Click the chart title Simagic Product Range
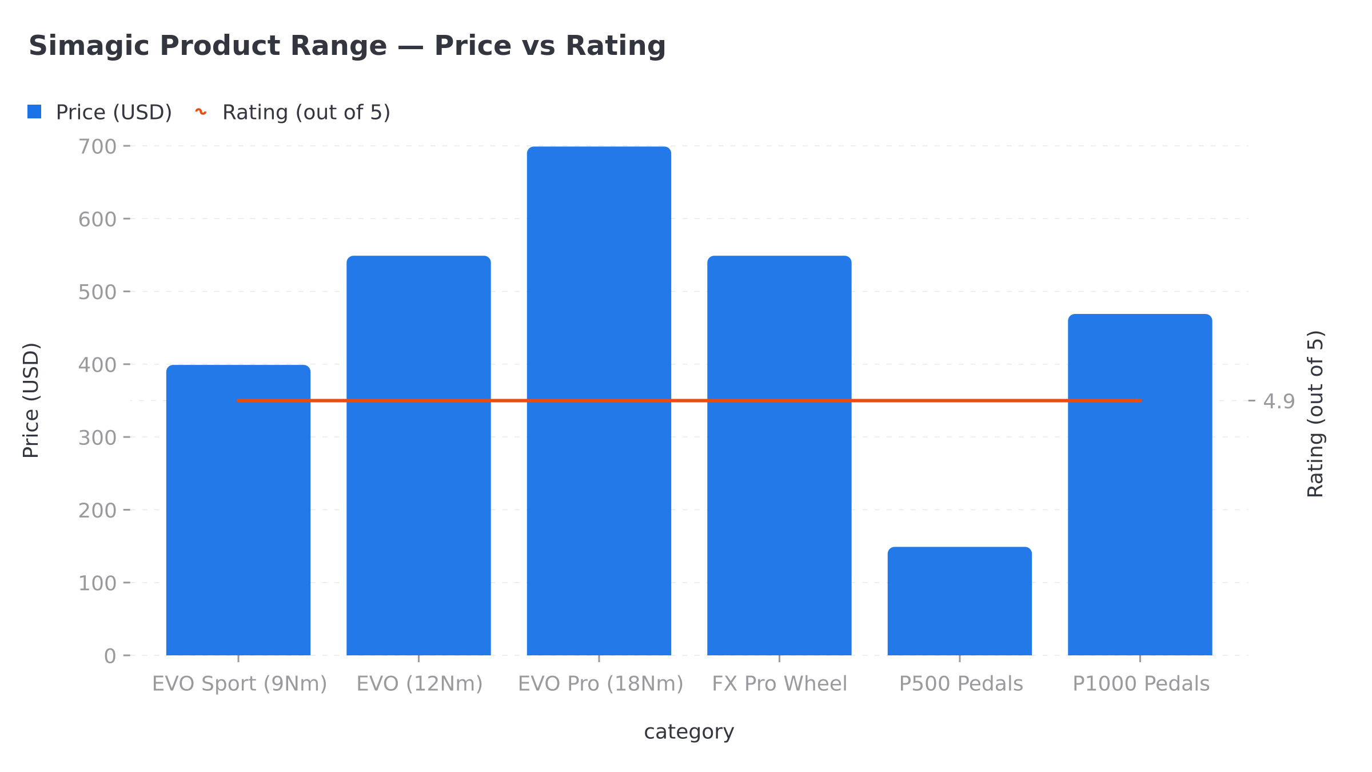coord(347,46)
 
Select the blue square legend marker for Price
coord(34,112)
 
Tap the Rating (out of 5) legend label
coord(306,113)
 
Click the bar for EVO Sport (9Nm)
coord(238,515)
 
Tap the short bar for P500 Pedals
coord(959,600)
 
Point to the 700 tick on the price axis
coord(98,147)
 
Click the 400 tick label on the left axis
coord(98,365)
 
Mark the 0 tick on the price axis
coord(110,656)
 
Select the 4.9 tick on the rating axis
coord(1279,401)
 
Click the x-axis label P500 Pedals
coord(961,684)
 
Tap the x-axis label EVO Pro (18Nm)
coord(600,684)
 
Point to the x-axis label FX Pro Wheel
coord(779,684)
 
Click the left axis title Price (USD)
coord(31,400)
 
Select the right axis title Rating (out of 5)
coord(1315,414)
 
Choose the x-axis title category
coord(689,732)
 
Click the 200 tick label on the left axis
coord(98,510)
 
